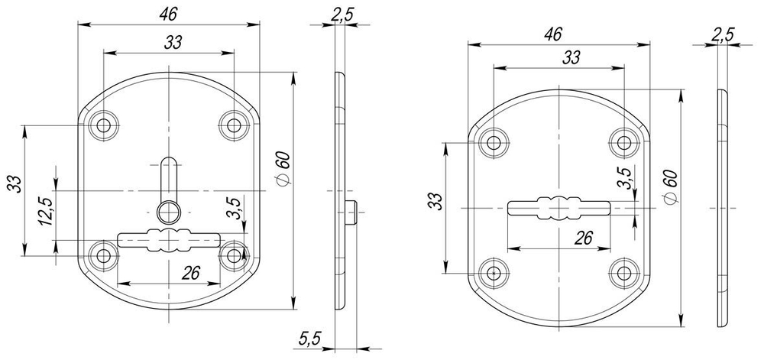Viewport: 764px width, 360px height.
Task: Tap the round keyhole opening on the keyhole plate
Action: [167, 210]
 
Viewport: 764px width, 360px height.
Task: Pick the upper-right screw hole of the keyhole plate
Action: [233, 126]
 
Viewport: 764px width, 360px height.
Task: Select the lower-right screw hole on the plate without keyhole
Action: [624, 271]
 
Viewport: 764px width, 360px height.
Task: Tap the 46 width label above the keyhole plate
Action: [168, 14]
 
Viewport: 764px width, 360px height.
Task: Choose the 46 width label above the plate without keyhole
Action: [555, 34]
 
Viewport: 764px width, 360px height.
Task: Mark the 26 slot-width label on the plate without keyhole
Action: [584, 238]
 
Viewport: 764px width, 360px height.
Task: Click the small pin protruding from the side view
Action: [353, 212]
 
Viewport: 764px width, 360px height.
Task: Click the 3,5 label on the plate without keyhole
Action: [625, 177]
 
